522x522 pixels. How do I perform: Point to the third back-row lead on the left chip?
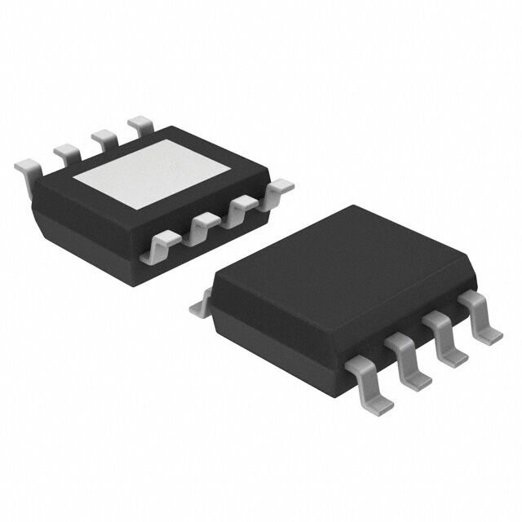pos(104,135)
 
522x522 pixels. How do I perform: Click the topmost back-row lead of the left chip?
pos(140,123)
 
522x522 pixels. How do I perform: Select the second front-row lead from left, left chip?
pos(205,225)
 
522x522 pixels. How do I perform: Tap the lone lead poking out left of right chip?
pos(199,308)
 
